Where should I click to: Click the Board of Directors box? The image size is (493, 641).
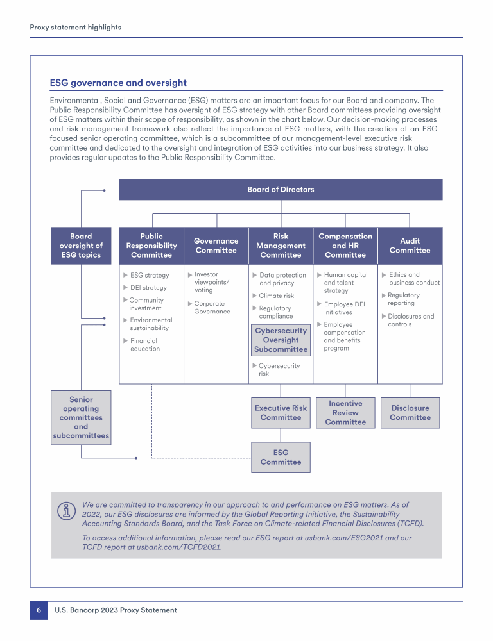click(x=281, y=190)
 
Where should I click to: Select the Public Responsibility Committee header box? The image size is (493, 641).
click(x=151, y=246)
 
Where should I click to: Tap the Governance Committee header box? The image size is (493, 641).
click(x=216, y=246)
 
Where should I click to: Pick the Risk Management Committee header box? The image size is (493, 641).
click(x=281, y=246)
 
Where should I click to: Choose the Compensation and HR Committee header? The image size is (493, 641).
click(x=345, y=246)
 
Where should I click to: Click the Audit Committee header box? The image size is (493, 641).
click(x=410, y=246)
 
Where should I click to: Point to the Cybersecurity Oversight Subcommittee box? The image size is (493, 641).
click(x=281, y=340)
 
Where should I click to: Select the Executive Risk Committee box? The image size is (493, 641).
click(x=281, y=413)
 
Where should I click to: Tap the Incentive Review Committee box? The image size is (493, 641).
click(x=345, y=413)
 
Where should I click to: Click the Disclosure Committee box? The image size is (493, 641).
click(x=410, y=413)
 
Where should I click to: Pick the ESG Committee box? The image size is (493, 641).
click(x=281, y=457)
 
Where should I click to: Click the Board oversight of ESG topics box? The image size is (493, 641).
click(x=81, y=246)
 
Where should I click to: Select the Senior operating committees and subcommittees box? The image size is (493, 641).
click(x=81, y=417)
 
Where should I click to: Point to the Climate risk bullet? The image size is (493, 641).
click(x=276, y=296)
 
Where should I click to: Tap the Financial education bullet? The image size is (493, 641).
click(x=144, y=345)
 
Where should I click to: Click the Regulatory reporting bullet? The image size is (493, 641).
click(x=403, y=299)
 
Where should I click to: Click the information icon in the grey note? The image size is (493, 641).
click(x=65, y=511)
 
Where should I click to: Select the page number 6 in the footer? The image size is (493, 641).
click(x=39, y=610)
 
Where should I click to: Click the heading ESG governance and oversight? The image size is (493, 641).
click(x=118, y=83)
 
